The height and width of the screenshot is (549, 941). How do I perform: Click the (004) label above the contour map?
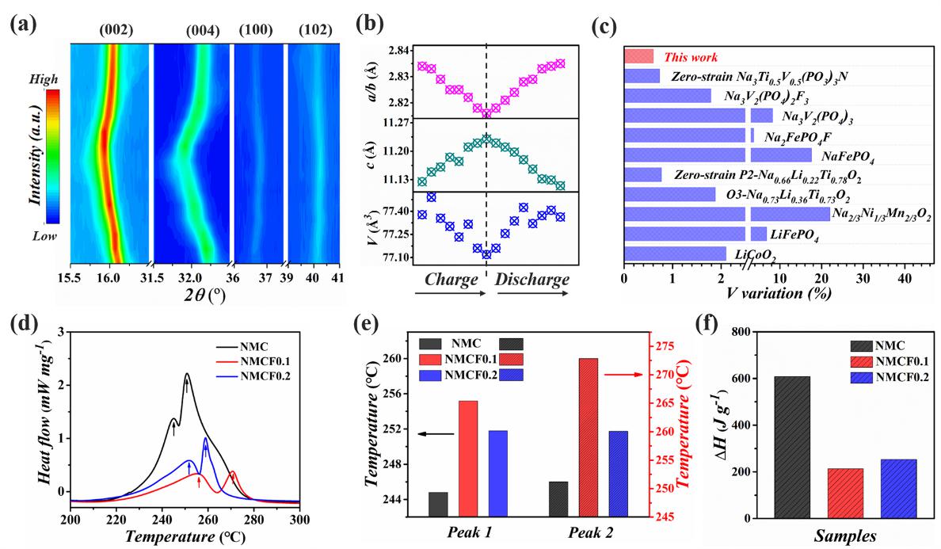(204, 31)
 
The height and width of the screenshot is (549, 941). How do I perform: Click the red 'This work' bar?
(638, 56)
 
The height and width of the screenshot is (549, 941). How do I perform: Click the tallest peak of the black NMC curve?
(187, 374)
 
